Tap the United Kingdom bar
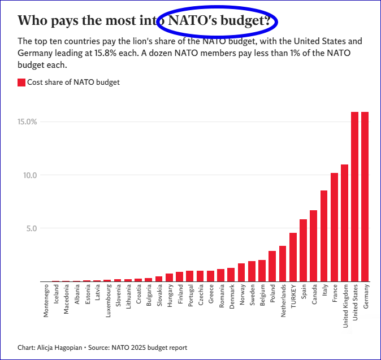coord(345,223)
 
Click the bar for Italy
coord(324,236)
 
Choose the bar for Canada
coord(314,246)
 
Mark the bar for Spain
coord(304,250)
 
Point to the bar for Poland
coord(272,266)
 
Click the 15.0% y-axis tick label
coord(27,122)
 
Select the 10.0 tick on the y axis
coord(29,175)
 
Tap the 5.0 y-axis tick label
coord(31,228)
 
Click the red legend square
coord(21,83)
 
